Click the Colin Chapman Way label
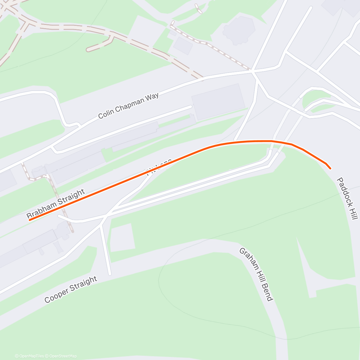[x=128, y=106]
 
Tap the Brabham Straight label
[x=56, y=204]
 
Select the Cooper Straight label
[x=71, y=289]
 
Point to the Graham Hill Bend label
[x=256, y=274]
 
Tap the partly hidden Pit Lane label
[x=158, y=167]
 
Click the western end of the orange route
[x=30, y=220]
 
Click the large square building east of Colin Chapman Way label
[x=218, y=102]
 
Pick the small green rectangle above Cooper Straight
[x=122, y=238]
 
